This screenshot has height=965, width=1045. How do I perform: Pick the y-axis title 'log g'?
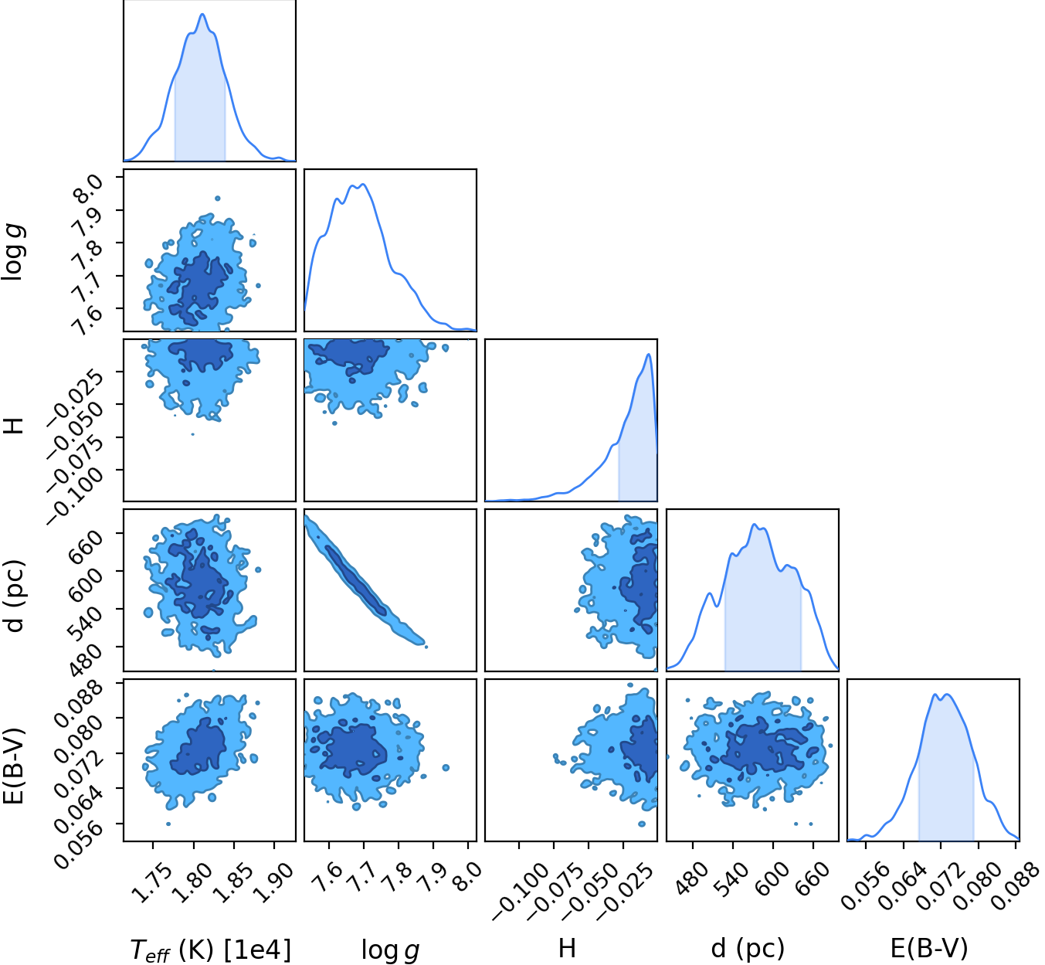pos(12,252)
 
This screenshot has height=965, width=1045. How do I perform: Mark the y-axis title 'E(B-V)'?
pos(12,766)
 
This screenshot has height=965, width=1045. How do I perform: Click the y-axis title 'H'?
pos(12,426)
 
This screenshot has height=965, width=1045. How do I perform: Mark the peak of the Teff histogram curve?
pos(202,14)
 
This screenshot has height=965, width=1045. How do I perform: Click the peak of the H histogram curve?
pos(649,354)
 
